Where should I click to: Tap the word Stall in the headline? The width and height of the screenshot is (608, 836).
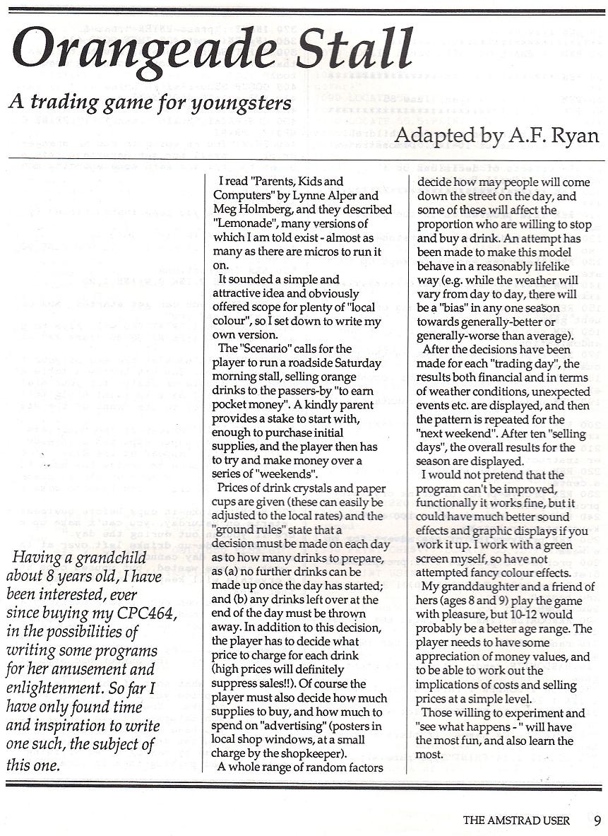click(353, 49)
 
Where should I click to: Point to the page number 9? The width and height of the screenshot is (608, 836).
click(597, 820)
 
